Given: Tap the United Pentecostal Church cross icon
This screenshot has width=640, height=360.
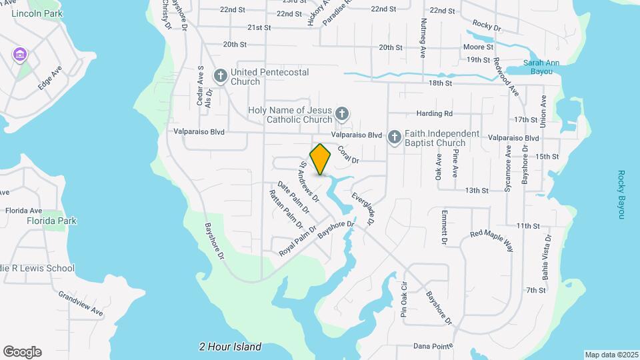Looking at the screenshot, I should coord(220,75).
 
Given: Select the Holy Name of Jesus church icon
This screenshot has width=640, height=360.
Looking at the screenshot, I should coord(342,113).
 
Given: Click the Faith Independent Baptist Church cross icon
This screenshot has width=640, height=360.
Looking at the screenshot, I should coord(395,138).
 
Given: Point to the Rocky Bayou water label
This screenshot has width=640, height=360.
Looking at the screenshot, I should coord(620,195).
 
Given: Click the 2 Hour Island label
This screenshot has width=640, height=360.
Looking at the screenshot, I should coord(230,347).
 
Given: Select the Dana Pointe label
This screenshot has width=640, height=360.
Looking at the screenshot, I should coord(433,346).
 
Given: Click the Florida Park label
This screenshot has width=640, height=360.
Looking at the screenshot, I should coord(51,221).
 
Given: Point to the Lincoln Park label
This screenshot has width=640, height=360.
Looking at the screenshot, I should coord(37,13).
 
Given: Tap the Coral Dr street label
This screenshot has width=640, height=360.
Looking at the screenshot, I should coord(348,155).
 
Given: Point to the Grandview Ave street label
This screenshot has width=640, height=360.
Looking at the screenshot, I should coord(80,303).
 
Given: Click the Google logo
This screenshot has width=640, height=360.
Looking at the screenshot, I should coord(22,351).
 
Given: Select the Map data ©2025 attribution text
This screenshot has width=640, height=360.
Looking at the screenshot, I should coord(611,355).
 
